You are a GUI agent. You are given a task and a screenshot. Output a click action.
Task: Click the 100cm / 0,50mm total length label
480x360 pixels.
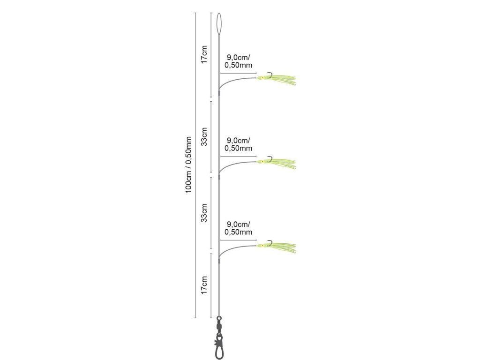188,165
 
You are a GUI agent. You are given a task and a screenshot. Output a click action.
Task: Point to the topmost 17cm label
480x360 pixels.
203,55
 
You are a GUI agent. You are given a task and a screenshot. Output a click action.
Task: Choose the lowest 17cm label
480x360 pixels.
203,285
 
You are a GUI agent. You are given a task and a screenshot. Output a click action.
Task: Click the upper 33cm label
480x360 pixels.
203,136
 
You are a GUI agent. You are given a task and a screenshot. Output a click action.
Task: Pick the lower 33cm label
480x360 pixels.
203,213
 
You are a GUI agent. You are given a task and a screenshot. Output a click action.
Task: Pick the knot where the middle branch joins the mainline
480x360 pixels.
219,178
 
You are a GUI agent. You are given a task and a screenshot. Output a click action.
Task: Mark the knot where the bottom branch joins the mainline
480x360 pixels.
219,257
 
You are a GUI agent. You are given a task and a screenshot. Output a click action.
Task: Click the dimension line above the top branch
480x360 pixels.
238,74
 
